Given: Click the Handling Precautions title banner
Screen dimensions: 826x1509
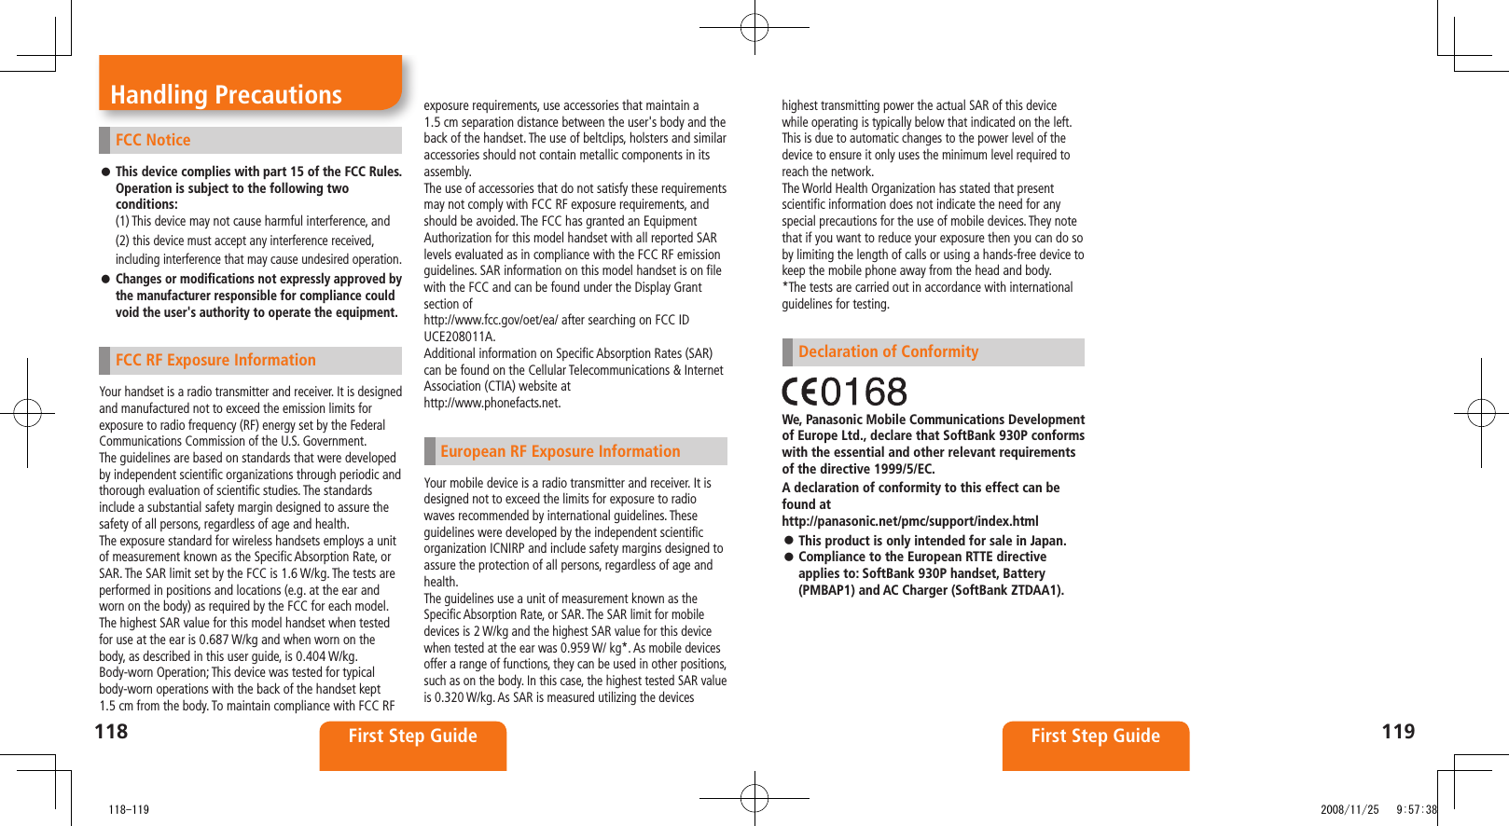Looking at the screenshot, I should click(227, 94).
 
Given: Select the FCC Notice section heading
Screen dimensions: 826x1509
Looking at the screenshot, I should click(153, 140).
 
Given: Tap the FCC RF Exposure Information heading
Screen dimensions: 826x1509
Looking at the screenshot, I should click(215, 360).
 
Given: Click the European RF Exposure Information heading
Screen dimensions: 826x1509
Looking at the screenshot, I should click(560, 451).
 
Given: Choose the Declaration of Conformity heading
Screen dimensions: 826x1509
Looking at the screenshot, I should click(888, 351).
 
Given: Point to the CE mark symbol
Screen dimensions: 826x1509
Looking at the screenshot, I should click(800, 392).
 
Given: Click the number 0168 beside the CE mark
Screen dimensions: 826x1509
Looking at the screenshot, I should click(864, 392).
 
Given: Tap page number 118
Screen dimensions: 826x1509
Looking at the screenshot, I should click(111, 732).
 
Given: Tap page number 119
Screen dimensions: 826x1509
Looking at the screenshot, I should click(1397, 732).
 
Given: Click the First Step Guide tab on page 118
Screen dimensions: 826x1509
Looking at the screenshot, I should click(412, 737).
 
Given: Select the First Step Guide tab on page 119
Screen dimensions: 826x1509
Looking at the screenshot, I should click(1095, 737).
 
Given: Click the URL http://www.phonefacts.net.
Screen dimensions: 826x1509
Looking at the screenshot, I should click(492, 403).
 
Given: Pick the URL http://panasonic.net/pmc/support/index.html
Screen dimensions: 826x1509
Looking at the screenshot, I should click(909, 521).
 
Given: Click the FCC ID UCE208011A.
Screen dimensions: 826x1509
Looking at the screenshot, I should click(459, 337).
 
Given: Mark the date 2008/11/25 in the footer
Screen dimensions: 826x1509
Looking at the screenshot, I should click(1349, 809).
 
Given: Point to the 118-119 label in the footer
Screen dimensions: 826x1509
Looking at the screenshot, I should click(128, 809).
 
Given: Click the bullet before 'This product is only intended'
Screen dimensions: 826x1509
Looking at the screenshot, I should click(789, 541).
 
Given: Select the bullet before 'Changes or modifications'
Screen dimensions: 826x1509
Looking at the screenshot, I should click(106, 279).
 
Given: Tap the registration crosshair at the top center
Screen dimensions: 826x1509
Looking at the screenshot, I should click(754, 27).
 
